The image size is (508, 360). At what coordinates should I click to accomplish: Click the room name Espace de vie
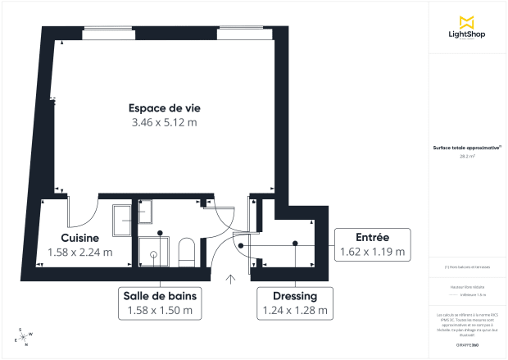click(x=165, y=107)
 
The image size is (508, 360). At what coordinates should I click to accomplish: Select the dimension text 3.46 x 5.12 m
click(x=165, y=123)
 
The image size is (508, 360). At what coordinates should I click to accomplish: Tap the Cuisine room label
click(x=79, y=238)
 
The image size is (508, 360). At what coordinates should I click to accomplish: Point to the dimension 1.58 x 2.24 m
click(x=79, y=253)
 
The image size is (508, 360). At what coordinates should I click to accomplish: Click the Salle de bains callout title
click(x=160, y=295)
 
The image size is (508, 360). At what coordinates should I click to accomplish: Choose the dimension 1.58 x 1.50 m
click(x=160, y=311)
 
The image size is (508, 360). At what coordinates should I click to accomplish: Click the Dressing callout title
click(x=295, y=295)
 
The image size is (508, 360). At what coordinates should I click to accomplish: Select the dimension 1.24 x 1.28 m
click(x=295, y=311)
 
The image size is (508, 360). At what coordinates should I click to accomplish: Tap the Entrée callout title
click(x=372, y=236)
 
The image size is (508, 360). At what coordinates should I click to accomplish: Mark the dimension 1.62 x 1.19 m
click(x=372, y=252)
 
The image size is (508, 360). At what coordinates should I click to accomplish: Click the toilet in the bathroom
click(x=186, y=251)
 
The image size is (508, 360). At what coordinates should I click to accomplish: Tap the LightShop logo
click(x=468, y=27)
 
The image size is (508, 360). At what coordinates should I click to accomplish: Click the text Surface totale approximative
click(x=466, y=148)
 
